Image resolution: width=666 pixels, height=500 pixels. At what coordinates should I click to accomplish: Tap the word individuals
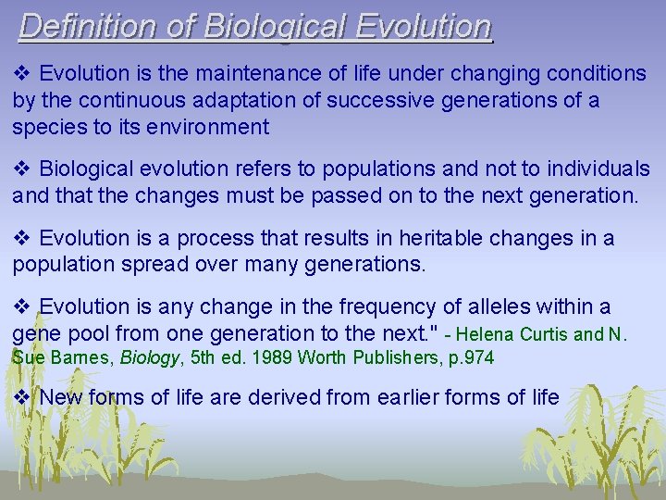point(599,169)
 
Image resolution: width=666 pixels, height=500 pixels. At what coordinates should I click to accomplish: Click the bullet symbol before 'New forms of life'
point(23,397)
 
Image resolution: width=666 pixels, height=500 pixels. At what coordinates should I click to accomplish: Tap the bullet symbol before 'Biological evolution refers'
point(23,169)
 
